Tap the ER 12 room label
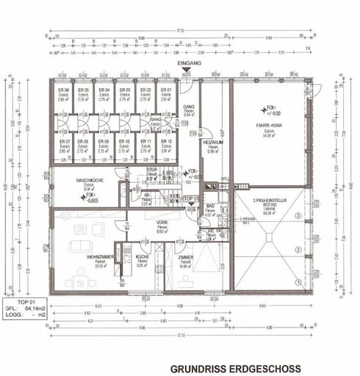click(x=166, y=140)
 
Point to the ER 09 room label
click(x=104, y=140)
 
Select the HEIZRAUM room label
click(x=213, y=143)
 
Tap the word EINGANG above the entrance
click(x=190, y=65)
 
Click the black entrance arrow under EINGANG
click(x=190, y=72)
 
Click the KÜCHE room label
click(x=143, y=256)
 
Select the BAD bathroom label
click(x=209, y=206)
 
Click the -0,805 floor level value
click(x=92, y=200)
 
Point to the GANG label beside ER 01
click(x=188, y=106)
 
